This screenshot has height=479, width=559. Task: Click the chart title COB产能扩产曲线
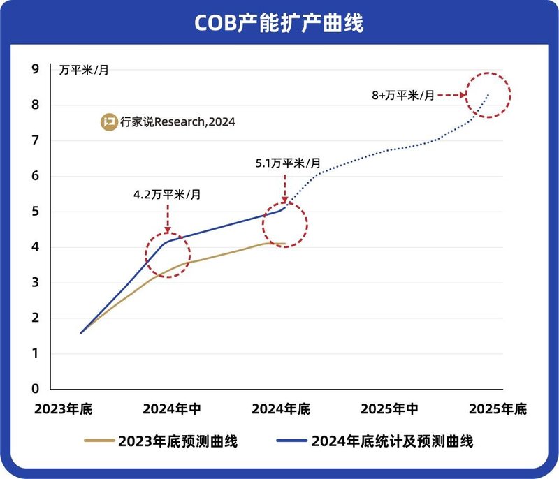(x=279, y=23)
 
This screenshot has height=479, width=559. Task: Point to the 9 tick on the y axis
(x=35, y=69)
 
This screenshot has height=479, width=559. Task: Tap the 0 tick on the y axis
(x=35, y=389)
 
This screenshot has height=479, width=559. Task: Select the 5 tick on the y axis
(x=35, y=212)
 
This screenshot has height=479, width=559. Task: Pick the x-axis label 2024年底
(x=280, y=409)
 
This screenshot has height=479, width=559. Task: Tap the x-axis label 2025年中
(x=389, y=409)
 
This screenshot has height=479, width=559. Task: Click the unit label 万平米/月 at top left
(x=83, y=70)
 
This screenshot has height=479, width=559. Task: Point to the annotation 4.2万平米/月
(x=167, y=195)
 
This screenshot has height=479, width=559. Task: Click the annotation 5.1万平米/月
(x=287, y=163)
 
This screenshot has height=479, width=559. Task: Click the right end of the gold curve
(x=285, y=244)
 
